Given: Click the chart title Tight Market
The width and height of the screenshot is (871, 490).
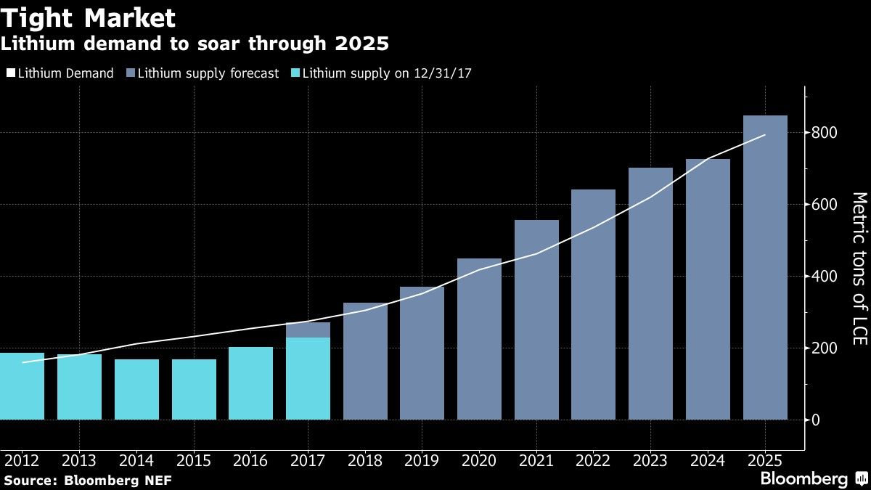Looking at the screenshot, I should coord(89,17).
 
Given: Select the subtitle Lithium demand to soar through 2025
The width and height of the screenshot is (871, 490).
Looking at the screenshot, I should coord(195,44).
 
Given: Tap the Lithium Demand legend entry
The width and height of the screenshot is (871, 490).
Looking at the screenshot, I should coord(60,73).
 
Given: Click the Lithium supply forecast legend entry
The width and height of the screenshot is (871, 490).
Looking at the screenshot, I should coord(203,73).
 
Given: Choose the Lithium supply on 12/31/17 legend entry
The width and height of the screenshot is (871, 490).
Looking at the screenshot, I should coord(382,73).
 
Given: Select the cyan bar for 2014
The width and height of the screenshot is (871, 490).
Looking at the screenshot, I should coord(136,389).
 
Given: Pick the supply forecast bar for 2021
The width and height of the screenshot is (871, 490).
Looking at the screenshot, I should coord(536,319).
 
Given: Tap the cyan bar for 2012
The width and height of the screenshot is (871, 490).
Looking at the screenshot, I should coord(23,386).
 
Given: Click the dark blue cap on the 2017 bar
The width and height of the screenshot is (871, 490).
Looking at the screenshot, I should coord(308,330).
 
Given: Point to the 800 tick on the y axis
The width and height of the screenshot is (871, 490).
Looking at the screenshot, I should coord(825,133).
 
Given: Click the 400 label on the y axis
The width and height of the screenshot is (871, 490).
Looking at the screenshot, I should coord(825,277).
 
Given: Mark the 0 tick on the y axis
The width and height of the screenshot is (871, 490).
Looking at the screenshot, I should coord(817,420).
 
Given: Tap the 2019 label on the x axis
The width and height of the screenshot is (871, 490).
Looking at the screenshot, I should coord(422,461).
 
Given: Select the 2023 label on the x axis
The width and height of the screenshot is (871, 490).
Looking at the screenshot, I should coord(650,461).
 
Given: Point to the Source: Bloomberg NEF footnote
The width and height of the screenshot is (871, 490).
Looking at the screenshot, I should coord(87,480).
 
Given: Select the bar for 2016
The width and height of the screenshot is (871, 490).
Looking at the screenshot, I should coord(250,383).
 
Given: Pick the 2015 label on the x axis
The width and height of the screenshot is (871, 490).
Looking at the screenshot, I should coord(193,461).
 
